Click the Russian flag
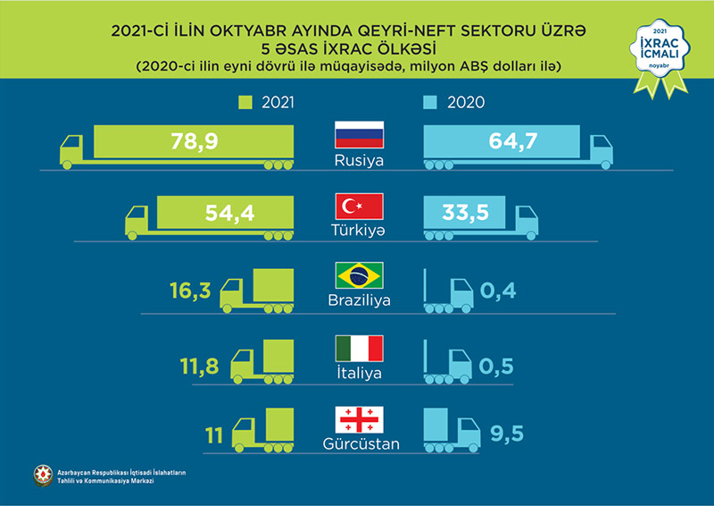click(x=358, y=137)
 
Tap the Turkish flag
click(x=358, y=207)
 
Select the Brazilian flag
click(x=358, y=275)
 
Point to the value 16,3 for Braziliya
click(x=191, y=291)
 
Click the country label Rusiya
click(x=358, y=163)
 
